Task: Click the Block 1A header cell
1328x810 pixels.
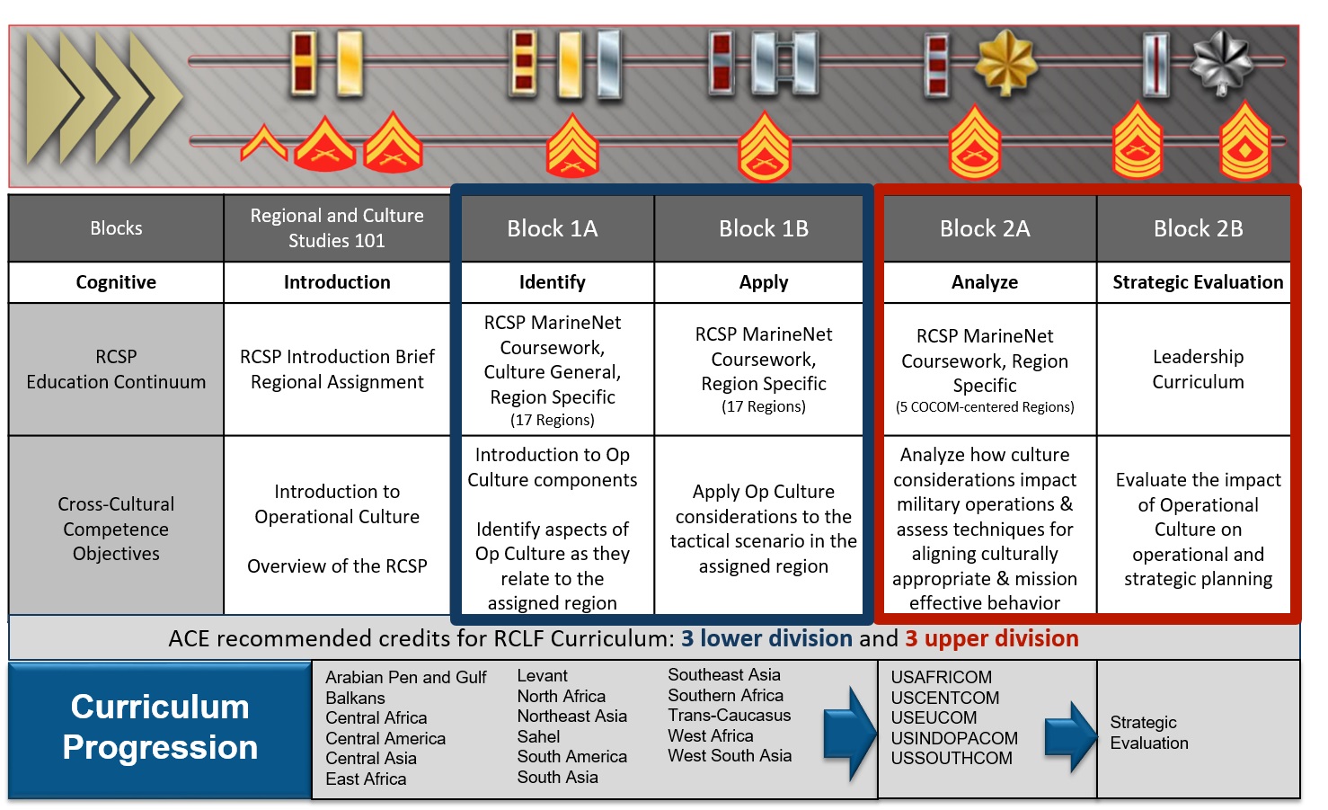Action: coord(552,228)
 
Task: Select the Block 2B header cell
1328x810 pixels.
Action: coord(1198,228)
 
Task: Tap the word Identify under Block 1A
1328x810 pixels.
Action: coord(552,282)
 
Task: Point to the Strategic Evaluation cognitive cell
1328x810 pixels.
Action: coord(1198,282)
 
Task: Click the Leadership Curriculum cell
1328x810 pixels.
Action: coord(1198,369)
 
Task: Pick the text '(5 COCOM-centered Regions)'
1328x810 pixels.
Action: coord(984,407)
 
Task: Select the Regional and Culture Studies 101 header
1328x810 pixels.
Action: coord(336,228)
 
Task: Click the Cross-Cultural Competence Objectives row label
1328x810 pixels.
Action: coord(116,529)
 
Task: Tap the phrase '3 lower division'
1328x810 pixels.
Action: coord(766,638)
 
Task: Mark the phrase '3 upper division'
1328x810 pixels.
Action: coord(991,638)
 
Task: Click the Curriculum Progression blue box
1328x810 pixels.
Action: coord(160,728)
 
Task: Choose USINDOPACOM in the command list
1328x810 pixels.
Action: coord(954,738)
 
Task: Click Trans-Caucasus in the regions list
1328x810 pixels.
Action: coord(729,716)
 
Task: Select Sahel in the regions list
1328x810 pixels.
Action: coord(538,736)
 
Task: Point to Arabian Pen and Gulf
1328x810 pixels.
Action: coord(405,677)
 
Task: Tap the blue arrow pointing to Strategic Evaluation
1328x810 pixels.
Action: coord(1070,736)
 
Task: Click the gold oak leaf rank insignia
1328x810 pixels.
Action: coord(1005,63)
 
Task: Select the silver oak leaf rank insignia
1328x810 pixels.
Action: coord(1221,63)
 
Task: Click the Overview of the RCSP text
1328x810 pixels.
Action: coord(337,566)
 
